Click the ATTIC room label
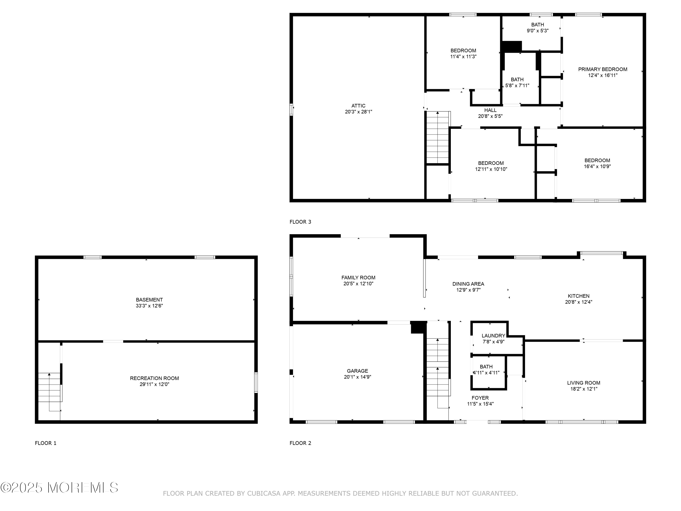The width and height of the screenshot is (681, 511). point(358,106)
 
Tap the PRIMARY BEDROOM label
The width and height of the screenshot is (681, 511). point(602,69)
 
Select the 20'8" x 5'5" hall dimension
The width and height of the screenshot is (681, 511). point(490,116)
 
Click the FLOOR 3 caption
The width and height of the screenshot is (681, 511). point(300,222)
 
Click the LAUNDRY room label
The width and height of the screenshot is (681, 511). point(493,336)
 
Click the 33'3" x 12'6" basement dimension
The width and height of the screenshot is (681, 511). point(149,306)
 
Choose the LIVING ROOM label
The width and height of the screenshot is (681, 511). point(583,383)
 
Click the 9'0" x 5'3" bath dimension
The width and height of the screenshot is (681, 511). point(537,30)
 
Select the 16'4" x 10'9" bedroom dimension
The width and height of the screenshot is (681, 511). point(597,166)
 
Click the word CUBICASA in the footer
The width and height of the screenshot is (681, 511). point(264,494)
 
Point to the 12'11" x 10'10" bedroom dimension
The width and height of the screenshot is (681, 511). point(491,169)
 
